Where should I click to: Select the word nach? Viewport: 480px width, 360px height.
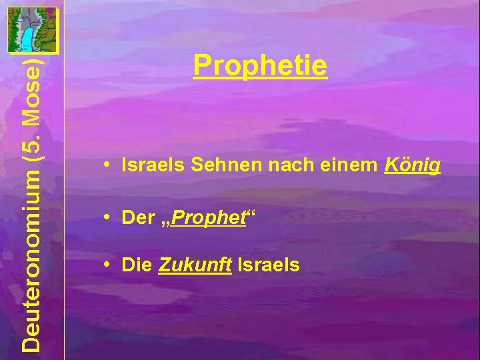pyautogui.click(x=286, y=165)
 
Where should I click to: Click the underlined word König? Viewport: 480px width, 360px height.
pyautogui.click(x=413, y=166)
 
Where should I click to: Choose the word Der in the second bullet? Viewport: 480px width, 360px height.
pyautogui.click(x=137, y=217)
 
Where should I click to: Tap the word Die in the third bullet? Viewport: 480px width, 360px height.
pyautogui.click(x=137, y=265)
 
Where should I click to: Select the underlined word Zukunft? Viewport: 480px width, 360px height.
pyautogui.click(x=195, y=265)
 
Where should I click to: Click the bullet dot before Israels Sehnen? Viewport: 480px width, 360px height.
pyautogui.click(x=107, y=166)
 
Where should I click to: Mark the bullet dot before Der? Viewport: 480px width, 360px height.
pyautogui.click(x=107, y=217)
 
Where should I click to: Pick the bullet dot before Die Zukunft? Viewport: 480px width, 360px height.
pyautogui.click(x=107, y=265)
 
